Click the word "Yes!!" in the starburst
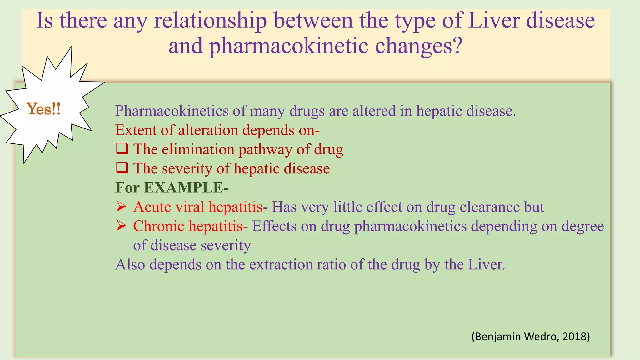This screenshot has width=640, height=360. pos(43,109)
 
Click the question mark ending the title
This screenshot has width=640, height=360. pos(457,46)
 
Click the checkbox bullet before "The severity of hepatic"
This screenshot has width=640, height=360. pos(122,168)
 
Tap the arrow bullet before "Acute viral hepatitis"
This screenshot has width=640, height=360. pos(121,207)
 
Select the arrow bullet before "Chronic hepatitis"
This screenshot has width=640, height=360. pos(121,226)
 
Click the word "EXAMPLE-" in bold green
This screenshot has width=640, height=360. pos(186,187)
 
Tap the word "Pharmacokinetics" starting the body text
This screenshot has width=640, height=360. pos(172,111)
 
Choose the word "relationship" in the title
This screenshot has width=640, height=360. pos(210,21)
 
